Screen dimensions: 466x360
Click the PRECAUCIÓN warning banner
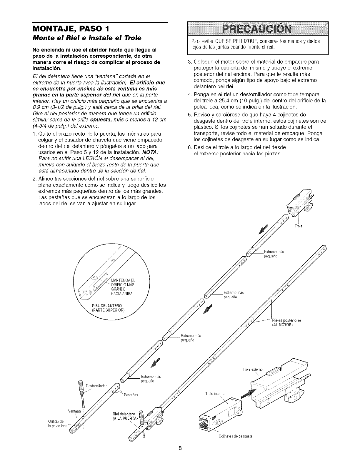(x=258, y=29)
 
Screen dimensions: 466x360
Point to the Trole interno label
(x=215, y=393)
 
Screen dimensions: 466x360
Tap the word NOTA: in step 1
(x=151, y=153)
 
